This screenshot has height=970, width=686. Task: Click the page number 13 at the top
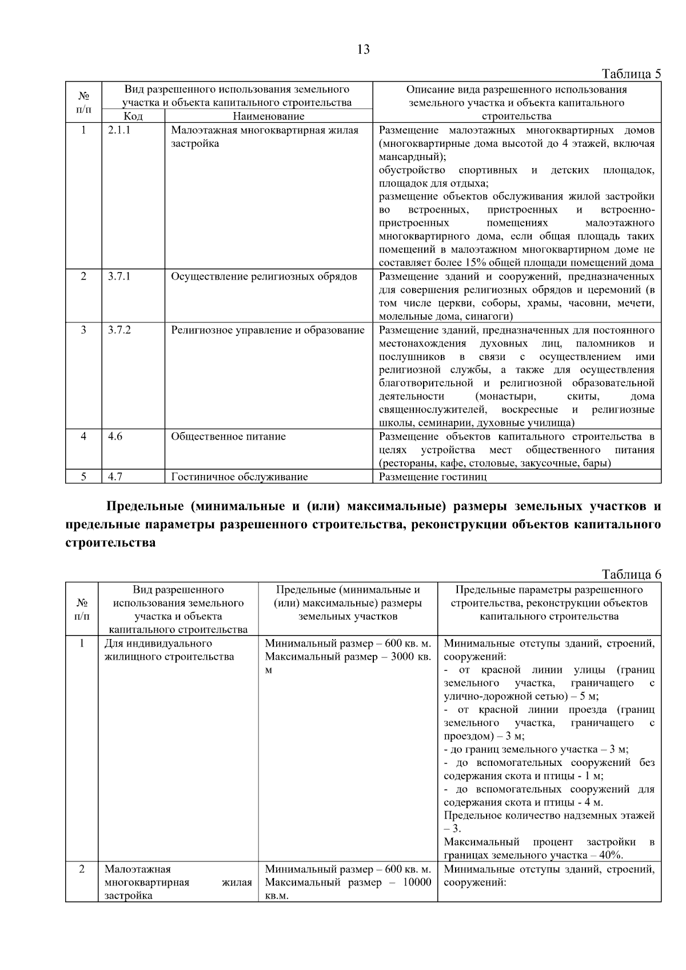(x=363, y=49)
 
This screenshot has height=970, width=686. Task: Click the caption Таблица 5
(x=631, y=74)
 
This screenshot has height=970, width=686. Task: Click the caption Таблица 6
(x=631, y=574)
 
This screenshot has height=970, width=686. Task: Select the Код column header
(x=133, y=116)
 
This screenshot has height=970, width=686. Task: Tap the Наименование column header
(x=268, y=116)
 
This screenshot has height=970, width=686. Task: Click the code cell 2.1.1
(x=119, y=130)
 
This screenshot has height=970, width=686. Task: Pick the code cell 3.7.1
(x=119, y=277)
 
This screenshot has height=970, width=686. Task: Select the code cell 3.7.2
(x=119, y=330)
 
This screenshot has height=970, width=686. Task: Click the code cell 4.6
(x=115, y=437)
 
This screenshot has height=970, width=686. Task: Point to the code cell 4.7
(x=115, y=477)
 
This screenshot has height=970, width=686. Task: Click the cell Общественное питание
(x=228, y=437)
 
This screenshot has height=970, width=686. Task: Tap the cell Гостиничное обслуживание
(x=239, y=477)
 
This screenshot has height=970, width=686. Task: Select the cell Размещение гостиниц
(x=433, y=477)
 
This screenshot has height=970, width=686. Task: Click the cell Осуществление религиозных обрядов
(x=264, y=277)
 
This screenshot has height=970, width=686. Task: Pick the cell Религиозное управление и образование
(x=268, y=330)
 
